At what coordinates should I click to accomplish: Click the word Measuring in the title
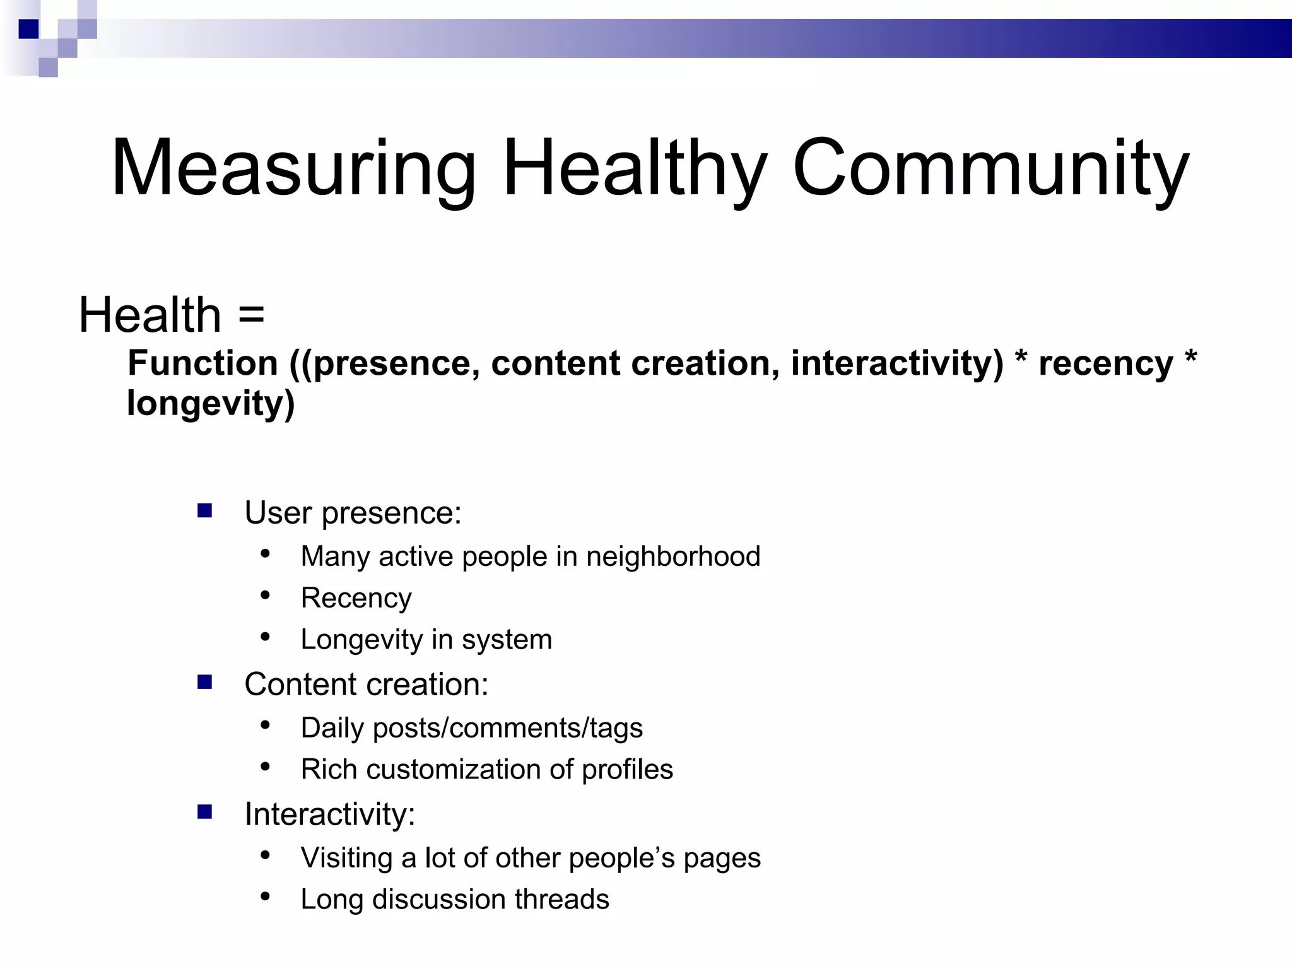point(293,169)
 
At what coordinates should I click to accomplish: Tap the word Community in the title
point(990,169)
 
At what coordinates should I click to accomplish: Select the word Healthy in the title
point(634,169)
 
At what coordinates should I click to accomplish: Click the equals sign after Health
point(251,314)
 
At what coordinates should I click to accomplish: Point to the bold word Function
point(203,363)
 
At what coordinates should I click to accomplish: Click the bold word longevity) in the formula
point(211,404)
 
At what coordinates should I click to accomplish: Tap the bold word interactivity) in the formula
point(896,363)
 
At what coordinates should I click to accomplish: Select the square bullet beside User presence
point(204,510)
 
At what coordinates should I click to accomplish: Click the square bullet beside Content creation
point(204,682)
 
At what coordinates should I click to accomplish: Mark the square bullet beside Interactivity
point(204,812)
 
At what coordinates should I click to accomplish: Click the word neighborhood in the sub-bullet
point(673,556)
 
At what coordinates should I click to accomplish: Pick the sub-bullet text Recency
point(356,598)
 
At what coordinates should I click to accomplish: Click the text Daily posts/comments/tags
point(471,728)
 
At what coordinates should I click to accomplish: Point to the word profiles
point(627,770)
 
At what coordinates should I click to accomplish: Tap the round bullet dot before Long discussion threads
point(266,896)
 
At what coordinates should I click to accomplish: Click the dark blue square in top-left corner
point(28,29)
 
